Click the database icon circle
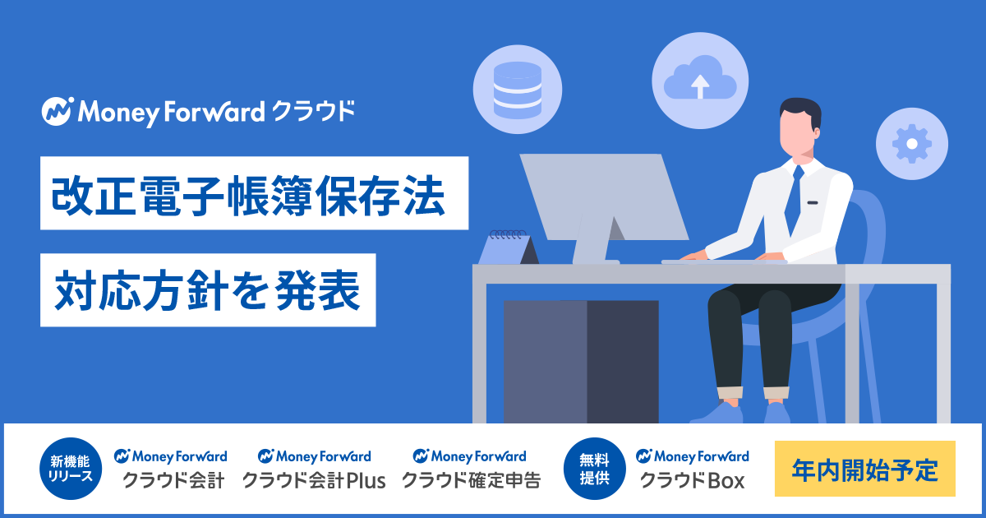point(517,89)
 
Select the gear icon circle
point(911,144)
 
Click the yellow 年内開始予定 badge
point(865,469)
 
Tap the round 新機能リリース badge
point(71,469)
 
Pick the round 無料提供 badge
point(594,469)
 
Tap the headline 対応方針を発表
point(208,289)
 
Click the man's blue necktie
point(795,198)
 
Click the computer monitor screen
point(604,197)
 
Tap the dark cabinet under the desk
point(581,362)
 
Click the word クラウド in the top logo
point(313,111)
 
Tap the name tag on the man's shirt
point(813,202)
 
